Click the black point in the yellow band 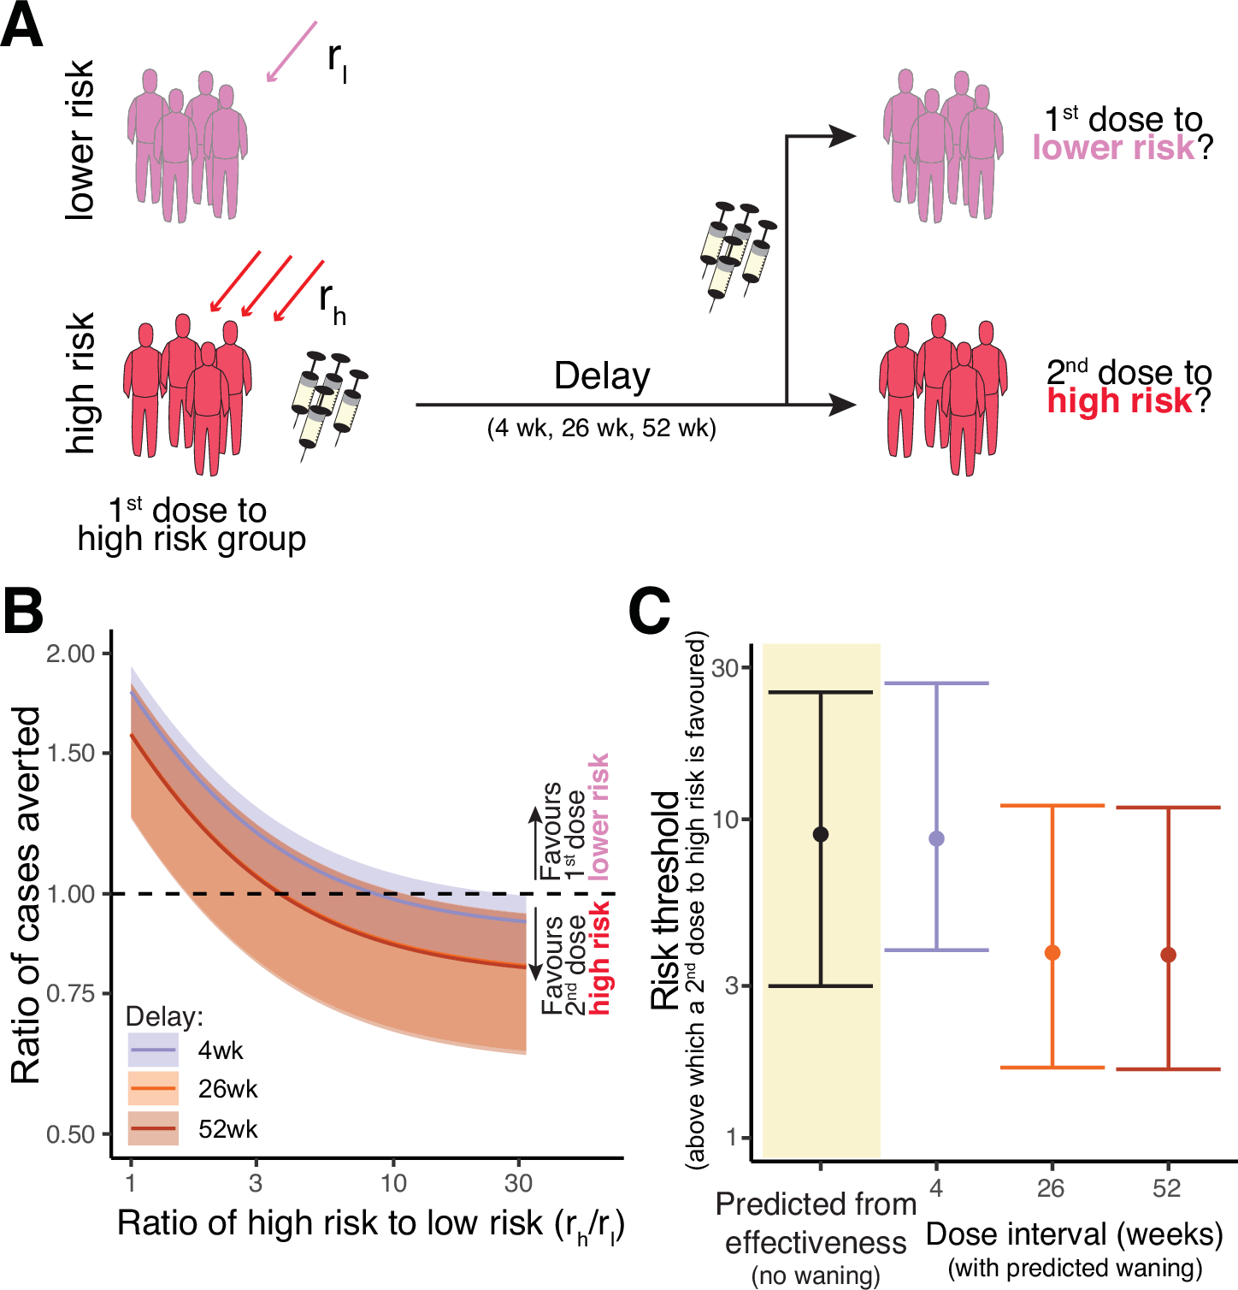tap(821, 834)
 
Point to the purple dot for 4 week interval tap(936, 838)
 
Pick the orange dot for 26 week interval tap(1052, 952)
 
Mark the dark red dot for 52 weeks tap(1168, 954)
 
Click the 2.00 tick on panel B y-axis tap(71, 654)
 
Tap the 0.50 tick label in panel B tap(71, 1134)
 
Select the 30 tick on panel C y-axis tap(725, 667)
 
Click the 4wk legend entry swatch tap(153, 1050)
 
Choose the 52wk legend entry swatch tap(153, 1128)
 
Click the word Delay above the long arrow tap(602, 376)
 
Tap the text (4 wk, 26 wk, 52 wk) tap(602, 428)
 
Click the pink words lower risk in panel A tap(1113, 148)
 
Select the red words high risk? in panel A tap(1129, 400)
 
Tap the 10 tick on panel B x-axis tap(393, 1183)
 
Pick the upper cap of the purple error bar tap(936, 683)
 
